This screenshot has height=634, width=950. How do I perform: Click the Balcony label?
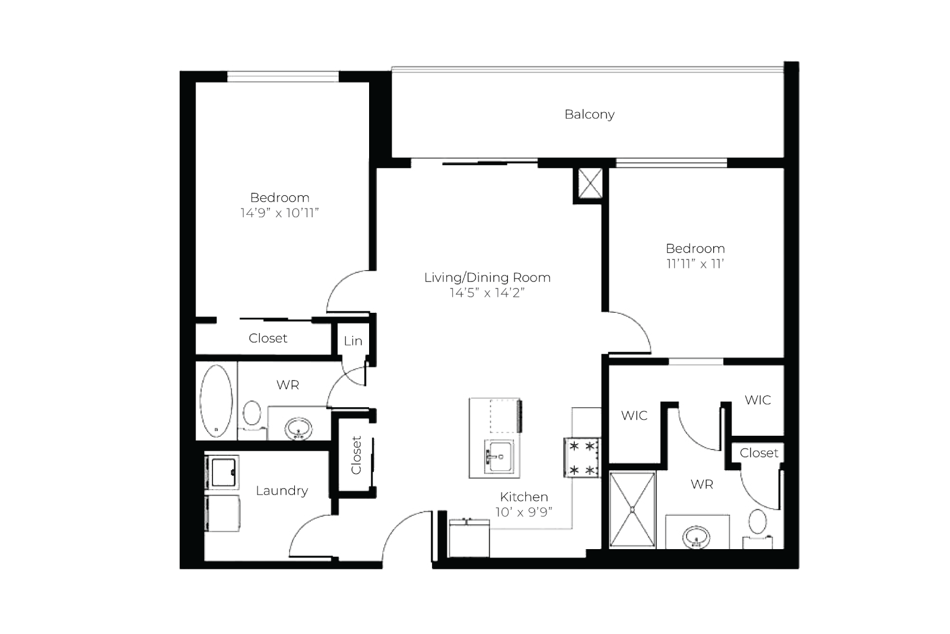589,114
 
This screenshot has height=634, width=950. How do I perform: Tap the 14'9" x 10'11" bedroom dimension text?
279,213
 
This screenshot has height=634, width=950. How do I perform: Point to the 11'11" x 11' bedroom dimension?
695,264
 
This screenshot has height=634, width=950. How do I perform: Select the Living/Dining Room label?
487,278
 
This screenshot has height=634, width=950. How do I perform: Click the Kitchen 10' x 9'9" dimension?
524,512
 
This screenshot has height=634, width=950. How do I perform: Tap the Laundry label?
282,491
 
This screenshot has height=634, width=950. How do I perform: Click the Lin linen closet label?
353,341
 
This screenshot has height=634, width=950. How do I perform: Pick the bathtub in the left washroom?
216,401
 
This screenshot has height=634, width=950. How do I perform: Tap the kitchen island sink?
498,456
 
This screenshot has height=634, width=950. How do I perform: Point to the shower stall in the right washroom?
633,509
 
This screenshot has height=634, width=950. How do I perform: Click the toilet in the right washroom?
758,528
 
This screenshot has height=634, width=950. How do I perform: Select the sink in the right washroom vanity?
696,537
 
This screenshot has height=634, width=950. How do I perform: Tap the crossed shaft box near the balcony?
590,183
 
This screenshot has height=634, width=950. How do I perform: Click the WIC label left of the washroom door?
634,415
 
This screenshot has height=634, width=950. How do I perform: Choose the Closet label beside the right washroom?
759,453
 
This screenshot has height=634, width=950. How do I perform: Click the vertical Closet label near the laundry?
356,455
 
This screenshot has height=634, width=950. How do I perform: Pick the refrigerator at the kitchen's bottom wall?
469,538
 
